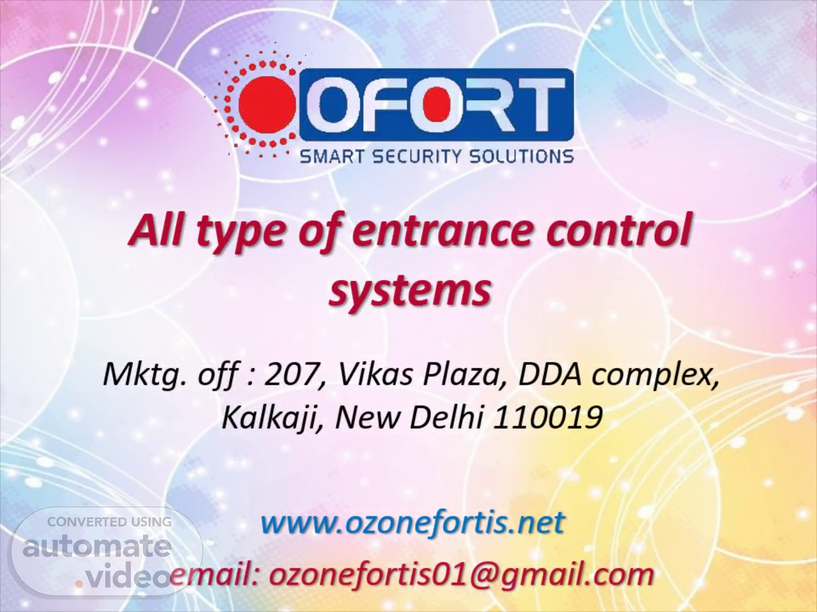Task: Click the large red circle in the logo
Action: pyautogui.click(x=267, y=105)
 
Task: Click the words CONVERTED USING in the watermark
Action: pyautogui.click(x=110, y=522)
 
